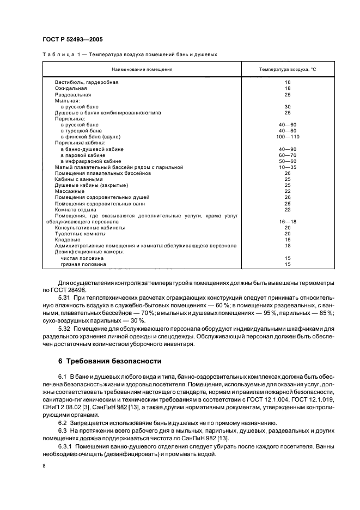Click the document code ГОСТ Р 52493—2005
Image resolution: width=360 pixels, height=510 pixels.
72,40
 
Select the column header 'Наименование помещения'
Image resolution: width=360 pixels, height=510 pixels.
142,70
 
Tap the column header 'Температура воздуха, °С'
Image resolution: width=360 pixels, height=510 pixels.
288,70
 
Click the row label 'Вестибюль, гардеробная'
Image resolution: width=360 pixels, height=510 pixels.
86,82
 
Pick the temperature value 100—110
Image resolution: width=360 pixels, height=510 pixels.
288,137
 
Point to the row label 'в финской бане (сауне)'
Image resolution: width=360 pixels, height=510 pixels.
90,137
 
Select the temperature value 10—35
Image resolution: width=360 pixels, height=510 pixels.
288,167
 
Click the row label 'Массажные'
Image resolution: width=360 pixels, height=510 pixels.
69,191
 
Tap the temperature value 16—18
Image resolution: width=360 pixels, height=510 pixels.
288,222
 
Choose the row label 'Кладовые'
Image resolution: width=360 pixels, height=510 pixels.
68,240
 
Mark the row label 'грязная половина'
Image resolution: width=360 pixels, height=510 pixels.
83,264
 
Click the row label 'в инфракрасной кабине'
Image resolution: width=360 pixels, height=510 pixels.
91,161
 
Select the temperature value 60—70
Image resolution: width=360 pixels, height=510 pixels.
288,155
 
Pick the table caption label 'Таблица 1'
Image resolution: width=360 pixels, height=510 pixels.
62,54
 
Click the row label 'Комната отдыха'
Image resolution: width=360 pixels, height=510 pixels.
76,210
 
